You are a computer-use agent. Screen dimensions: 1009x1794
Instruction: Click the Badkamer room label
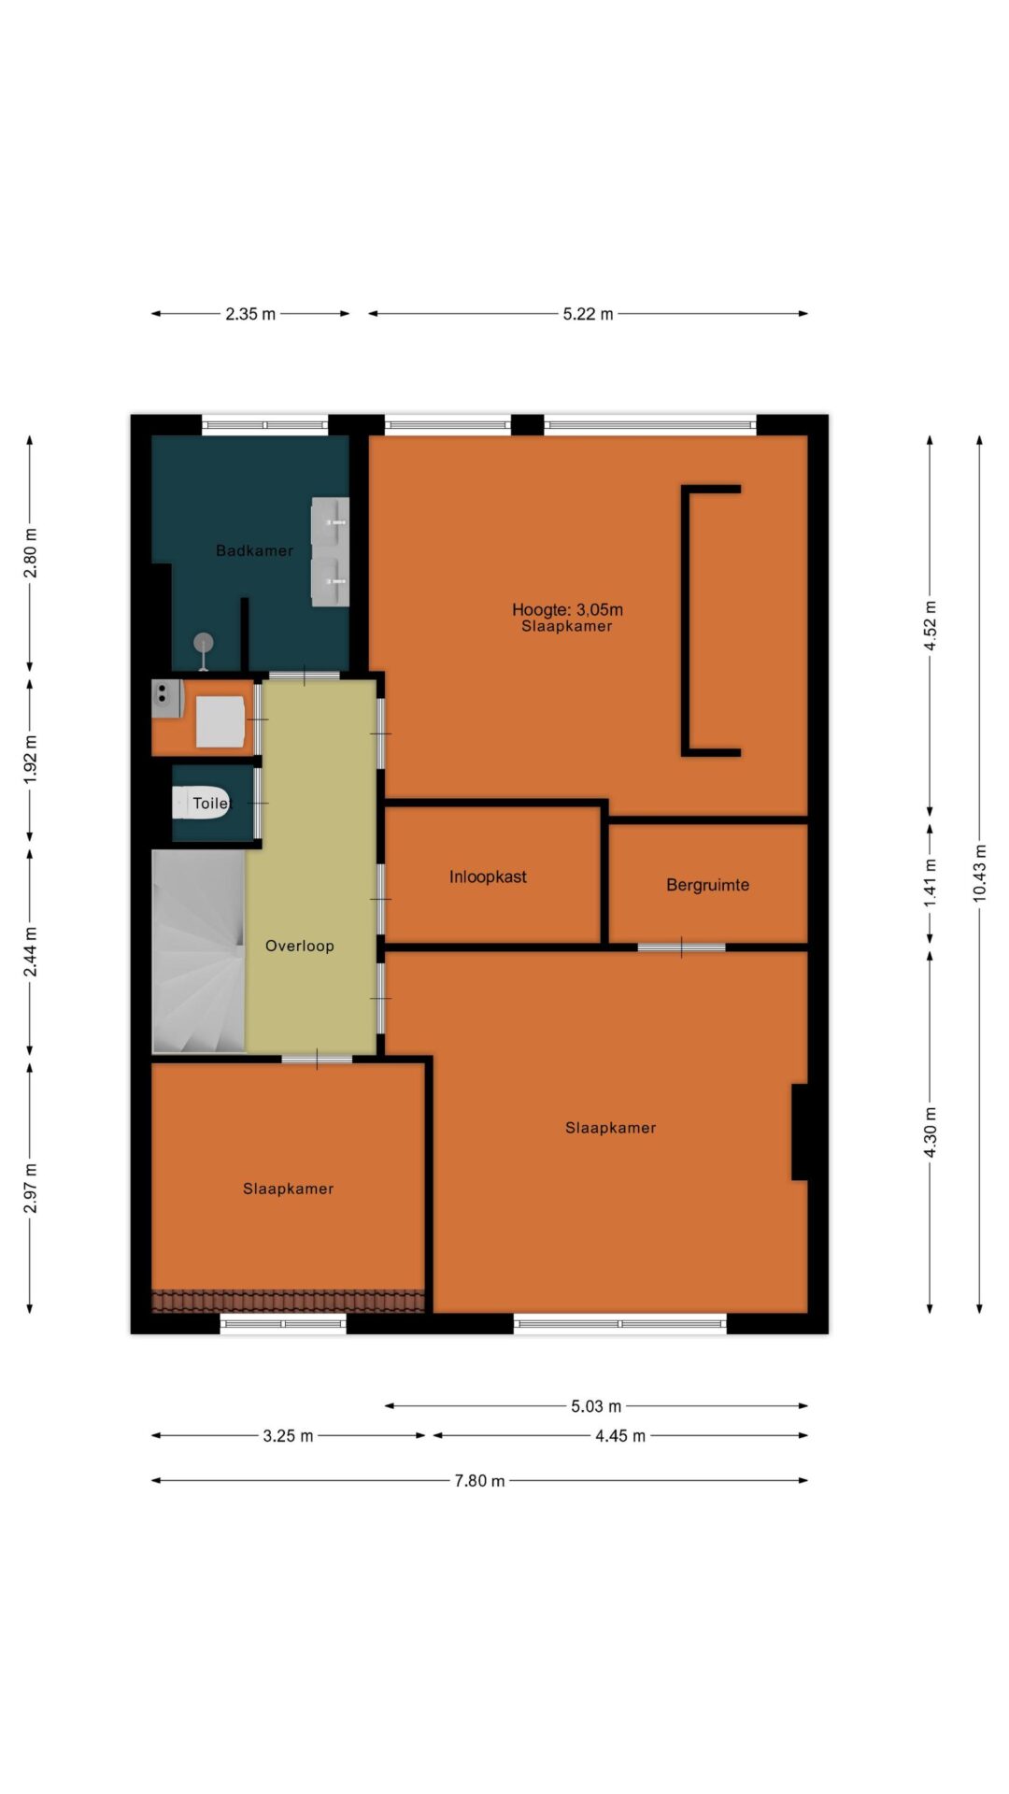coord(254,550)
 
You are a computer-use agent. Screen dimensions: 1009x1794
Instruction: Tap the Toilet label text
coord(210,803)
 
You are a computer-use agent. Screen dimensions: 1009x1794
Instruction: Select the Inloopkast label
coord(488,876)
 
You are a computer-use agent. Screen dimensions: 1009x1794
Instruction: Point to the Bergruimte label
coord(707,885)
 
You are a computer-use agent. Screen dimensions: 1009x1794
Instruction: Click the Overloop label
coord(299,946)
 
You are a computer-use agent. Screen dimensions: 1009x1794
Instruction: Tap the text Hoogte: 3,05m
coord(567,609)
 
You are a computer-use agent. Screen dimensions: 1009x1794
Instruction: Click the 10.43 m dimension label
coord(979,872)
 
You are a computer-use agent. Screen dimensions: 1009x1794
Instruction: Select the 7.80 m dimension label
coord(479,1480)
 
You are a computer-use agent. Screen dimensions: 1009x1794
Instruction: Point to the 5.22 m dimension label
coord(588,314)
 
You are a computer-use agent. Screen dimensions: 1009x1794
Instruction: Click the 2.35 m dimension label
coord(250,314)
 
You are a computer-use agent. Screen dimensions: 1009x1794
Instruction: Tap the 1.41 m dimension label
coord(930,883)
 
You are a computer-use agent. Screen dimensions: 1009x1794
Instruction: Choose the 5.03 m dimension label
coord(596,1405)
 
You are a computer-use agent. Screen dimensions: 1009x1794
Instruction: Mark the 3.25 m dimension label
coord(288,1435)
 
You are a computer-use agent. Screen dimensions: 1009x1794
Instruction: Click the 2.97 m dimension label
coord(30,1189)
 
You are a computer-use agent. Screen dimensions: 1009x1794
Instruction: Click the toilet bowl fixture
coord(200,803)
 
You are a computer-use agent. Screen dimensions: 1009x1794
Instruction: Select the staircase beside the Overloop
coord(198,951)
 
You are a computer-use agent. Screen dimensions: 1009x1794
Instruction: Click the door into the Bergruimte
coord(681,947)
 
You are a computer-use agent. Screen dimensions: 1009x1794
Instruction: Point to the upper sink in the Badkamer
coord(330,520)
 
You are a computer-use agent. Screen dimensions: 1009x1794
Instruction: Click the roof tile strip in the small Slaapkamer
coord(288,1301)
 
